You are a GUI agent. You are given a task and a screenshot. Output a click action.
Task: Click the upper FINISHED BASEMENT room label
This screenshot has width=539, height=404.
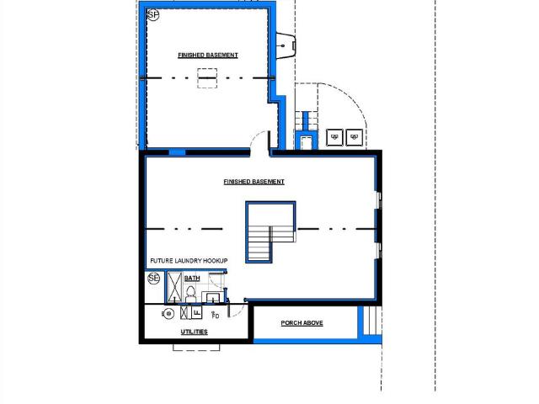click(208, 55)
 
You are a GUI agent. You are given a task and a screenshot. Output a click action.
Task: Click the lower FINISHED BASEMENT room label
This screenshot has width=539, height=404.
click(253, 182)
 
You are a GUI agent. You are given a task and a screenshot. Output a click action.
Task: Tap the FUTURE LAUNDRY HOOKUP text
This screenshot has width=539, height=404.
click(189, 261)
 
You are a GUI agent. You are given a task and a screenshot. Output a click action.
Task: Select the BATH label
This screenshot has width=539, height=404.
click(192, 279)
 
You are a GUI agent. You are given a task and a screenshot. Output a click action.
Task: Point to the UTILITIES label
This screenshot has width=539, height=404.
click(195, 332)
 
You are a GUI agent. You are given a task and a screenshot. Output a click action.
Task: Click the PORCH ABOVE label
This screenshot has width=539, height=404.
click(302, 323)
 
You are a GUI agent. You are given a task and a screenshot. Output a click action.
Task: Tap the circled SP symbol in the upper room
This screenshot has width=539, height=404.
click(153, 15)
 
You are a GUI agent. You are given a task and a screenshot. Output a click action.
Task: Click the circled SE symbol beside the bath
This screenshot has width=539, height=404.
click(154, 279)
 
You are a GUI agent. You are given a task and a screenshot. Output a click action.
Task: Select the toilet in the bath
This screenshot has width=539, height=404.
click(190, 295)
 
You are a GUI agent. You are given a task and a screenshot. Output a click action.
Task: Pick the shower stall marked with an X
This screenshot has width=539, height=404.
click(174, 288)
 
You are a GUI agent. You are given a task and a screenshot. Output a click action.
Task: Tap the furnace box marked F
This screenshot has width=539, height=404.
click(196, 312)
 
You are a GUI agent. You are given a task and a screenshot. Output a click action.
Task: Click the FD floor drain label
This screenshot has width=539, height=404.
click(216, 315)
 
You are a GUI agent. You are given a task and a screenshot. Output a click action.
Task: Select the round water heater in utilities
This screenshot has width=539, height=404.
click(168, 314)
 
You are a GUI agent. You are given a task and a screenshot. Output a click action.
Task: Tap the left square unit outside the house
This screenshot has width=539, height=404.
click(334, 137)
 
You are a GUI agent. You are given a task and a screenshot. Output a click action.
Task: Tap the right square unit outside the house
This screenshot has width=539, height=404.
click(355, 137)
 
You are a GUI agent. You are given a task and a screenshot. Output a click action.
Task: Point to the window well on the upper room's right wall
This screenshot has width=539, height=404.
click(286, 45)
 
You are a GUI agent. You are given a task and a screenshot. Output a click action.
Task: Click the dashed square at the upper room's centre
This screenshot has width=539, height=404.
click(207, 78)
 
